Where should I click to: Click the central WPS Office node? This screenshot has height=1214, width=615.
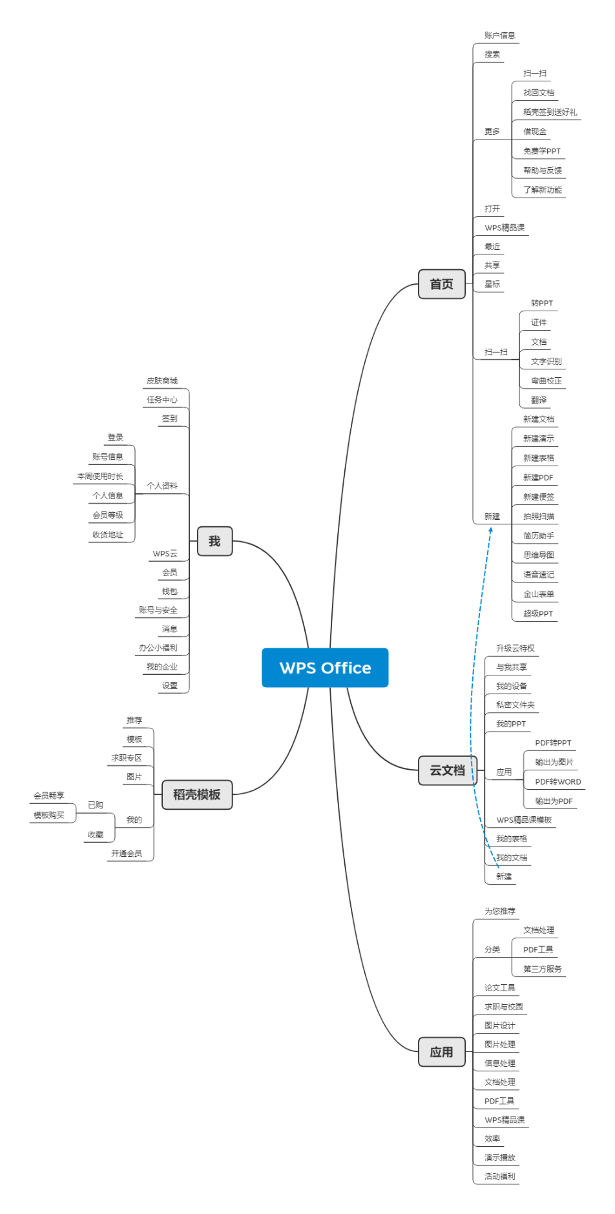pos(325,668)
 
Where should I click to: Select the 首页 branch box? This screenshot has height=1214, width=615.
pos(441,284)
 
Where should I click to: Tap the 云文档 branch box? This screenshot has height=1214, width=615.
pos(447,770)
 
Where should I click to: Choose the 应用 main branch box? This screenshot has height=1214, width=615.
pos(441,1052)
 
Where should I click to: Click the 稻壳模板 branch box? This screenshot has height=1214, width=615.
pos(196,794)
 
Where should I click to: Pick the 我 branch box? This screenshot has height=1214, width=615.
pos(214,541)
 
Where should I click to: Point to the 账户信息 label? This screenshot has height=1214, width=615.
pos(499,36)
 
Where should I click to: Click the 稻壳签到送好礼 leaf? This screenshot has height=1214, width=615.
pos(550,112)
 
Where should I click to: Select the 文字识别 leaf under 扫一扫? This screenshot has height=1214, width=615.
pos(546,362)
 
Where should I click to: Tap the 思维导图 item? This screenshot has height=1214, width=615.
pos(538,555)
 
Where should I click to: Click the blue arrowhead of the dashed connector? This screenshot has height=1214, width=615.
pos(491,530)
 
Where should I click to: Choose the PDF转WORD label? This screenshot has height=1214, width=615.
pos(558,782)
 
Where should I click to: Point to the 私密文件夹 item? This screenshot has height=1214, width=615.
pos(515,705)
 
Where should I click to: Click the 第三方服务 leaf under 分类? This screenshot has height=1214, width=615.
pos(542,969)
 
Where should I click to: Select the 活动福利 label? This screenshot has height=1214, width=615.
pos(499,1177)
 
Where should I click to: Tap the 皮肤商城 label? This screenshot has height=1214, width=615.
pos(162,381)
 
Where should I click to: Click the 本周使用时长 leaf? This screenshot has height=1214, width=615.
pos(100,477)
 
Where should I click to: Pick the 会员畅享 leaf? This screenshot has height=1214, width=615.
pos(49,796)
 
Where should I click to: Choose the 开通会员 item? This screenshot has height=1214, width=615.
pos(126,854)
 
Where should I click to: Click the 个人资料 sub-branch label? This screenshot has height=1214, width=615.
pos(162,486)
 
